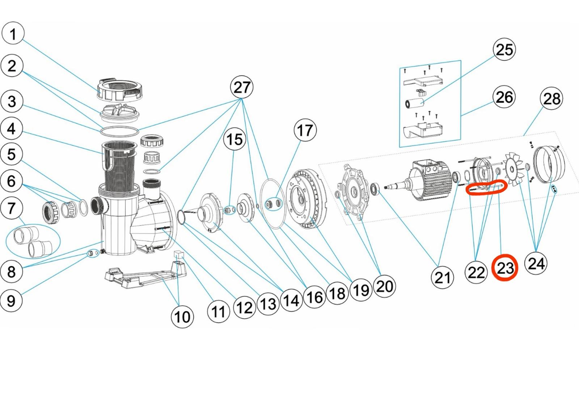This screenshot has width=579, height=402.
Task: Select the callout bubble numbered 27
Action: pos(241,87)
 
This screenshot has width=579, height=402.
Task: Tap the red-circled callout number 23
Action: pos(505,268)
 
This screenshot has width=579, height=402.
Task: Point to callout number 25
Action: pos(504,49)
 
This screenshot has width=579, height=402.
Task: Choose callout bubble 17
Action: pos(305,130)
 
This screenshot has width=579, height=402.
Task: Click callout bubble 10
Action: pos(182,317)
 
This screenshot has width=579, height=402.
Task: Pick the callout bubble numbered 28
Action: pos(551,98)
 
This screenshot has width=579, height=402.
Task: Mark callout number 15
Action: pos(234,139)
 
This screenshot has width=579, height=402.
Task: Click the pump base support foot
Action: pos(145,275)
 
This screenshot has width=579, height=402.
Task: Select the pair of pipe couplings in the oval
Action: pos(33,241)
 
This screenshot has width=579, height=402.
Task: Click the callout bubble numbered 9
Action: pos(11,300)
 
